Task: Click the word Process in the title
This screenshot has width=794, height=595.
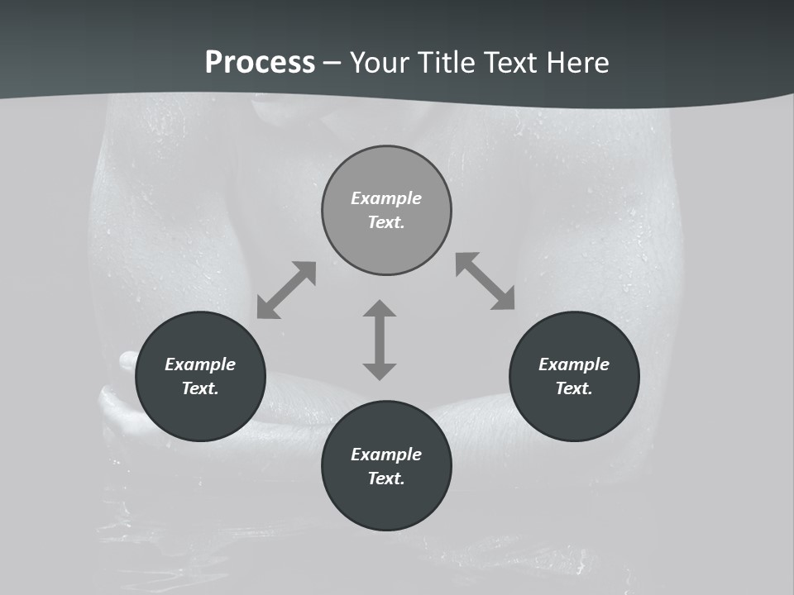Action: click(260, 63)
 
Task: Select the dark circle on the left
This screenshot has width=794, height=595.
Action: click(200, 413)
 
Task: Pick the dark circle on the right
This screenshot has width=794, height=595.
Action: click(574, 413)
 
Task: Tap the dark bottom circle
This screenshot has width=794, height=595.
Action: click(386, 503)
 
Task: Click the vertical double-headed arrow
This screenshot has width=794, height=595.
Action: click(380, 340)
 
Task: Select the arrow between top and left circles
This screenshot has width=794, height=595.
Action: click(286, 290)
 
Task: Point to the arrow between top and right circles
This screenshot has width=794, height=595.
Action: click(485, 281)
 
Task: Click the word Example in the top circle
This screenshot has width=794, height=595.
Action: click(386, 198)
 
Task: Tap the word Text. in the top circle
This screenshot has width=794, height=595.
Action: click(386, 222)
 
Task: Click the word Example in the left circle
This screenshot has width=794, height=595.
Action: click(200, 364)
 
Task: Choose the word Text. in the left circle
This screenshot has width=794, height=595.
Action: click(200, 388)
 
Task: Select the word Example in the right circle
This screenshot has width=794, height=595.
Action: click(574, 364)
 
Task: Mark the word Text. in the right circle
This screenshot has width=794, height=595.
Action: click(574, 388)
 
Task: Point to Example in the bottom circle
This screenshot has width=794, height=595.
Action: click(386, 455)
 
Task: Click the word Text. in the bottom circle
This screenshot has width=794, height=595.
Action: click(386, 478)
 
